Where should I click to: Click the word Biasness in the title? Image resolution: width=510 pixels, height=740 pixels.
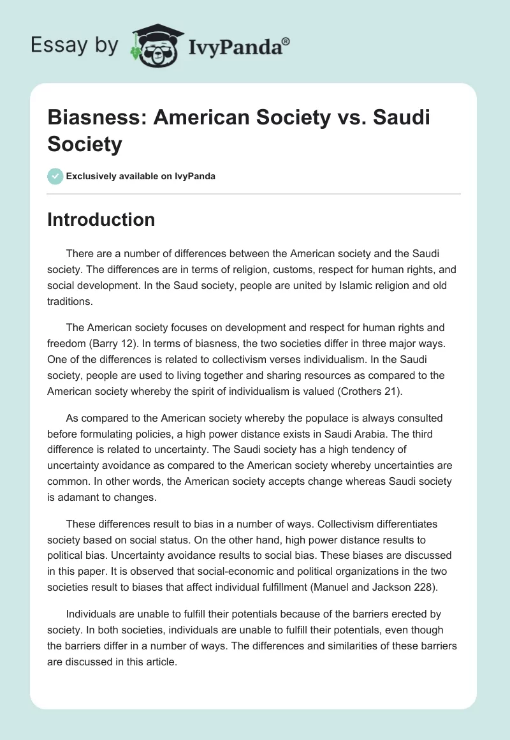click(97, 119)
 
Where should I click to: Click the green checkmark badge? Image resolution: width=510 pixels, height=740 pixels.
click(55, 176)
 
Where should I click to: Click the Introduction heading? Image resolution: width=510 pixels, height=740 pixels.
click(101, 219)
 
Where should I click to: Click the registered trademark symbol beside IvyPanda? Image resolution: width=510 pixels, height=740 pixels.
click(286, 41)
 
